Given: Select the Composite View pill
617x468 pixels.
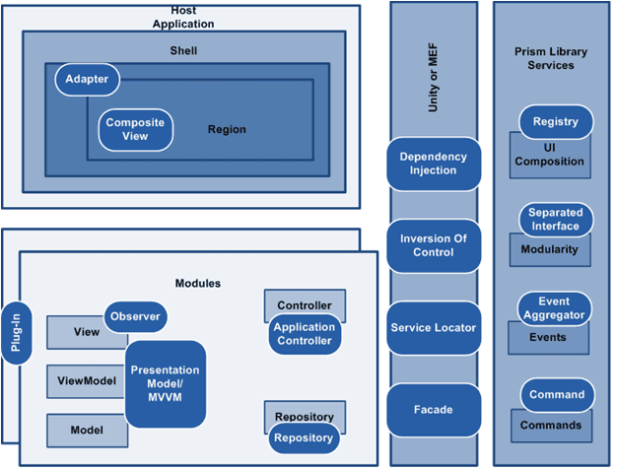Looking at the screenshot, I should [x=135, y=129].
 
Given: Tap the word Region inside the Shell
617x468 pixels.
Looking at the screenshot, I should [x=227, y=129].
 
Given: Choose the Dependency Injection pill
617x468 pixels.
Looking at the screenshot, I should [x=434, y=164].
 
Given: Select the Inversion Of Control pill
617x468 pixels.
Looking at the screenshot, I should [x=434, y=245].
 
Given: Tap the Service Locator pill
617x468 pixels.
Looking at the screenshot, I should [x=434, y=327].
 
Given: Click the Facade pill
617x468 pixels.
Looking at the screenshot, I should [x=434, y=410].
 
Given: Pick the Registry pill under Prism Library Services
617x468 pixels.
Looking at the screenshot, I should [x=555, y=122].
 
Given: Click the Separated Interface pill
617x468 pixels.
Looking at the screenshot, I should [x=555, y=219].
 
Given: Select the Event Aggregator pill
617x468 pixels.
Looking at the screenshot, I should [x=555, y=308].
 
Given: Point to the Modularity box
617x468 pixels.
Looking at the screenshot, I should [x=550, y=251].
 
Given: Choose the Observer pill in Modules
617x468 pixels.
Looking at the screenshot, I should [x=135, y=316].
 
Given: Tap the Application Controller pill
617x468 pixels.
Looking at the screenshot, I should [x=305, y=334].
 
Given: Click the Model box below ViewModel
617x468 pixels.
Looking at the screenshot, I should [x=86, y=430].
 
